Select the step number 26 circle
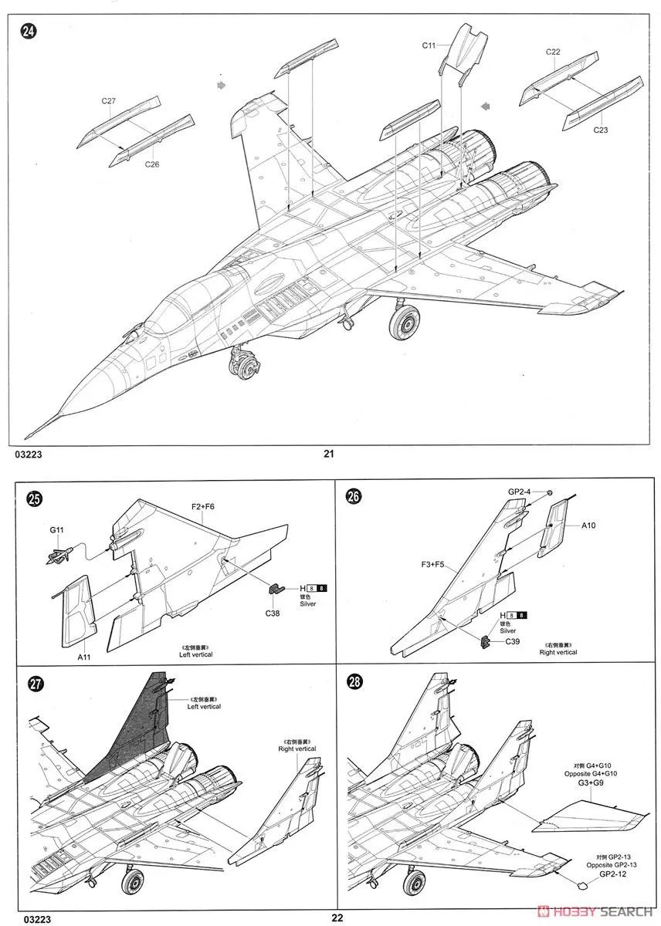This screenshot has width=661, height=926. coord(354,497)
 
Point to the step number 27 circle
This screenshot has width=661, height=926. coord(35,684)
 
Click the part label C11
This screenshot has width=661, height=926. coord(430,46)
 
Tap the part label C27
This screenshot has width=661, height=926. coord(108,101)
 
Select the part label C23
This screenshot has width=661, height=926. coord(601,130)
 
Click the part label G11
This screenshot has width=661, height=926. coord(56,530)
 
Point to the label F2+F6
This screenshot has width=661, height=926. coord(203,507)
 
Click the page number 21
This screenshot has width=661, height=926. coord(329,454)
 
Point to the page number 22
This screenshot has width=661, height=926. coord(337,918)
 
